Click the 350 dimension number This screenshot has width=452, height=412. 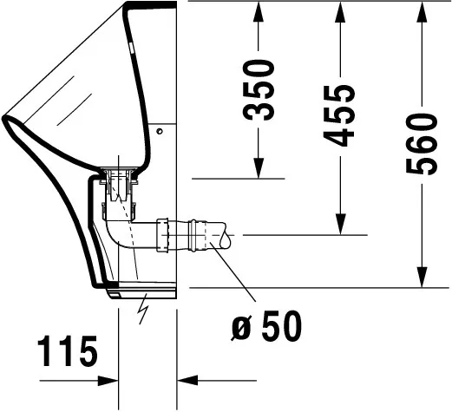[259, 89]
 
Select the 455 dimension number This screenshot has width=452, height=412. [341, 115]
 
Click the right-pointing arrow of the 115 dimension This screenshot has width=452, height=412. [108, 379]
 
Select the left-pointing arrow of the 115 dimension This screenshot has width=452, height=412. [187, 379]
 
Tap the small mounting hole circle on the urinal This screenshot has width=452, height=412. [160, 132]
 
